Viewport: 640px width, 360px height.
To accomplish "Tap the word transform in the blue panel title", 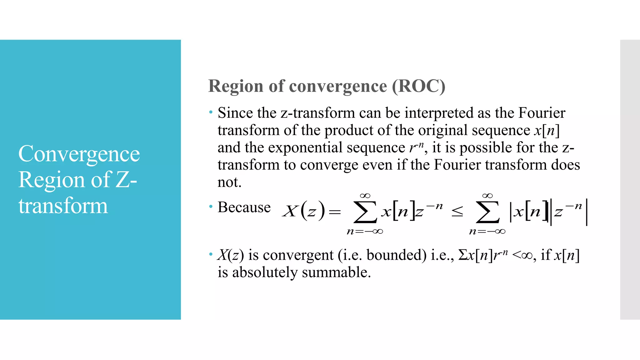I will [x=63, y=206].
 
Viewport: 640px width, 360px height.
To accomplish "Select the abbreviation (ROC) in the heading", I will [x=419, y=86].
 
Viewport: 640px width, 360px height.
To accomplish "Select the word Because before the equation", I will [x=244, y=207].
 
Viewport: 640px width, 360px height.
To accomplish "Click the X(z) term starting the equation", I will [x=303, y=211].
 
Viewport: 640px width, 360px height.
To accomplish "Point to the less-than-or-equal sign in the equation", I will [x=457, y=212].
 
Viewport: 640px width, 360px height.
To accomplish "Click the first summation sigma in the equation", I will [x=365, y=212].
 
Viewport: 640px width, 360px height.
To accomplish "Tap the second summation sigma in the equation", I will [x=487, y=212].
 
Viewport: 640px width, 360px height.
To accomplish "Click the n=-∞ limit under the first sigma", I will [x=365, y=232].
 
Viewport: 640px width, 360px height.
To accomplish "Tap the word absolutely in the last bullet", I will [x=265, y=272].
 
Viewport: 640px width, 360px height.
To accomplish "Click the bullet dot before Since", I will [x=211, y=112].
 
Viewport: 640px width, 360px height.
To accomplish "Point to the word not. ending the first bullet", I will [x=229, y=182].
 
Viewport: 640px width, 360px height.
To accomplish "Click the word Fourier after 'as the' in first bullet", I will [x=542, y=113].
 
